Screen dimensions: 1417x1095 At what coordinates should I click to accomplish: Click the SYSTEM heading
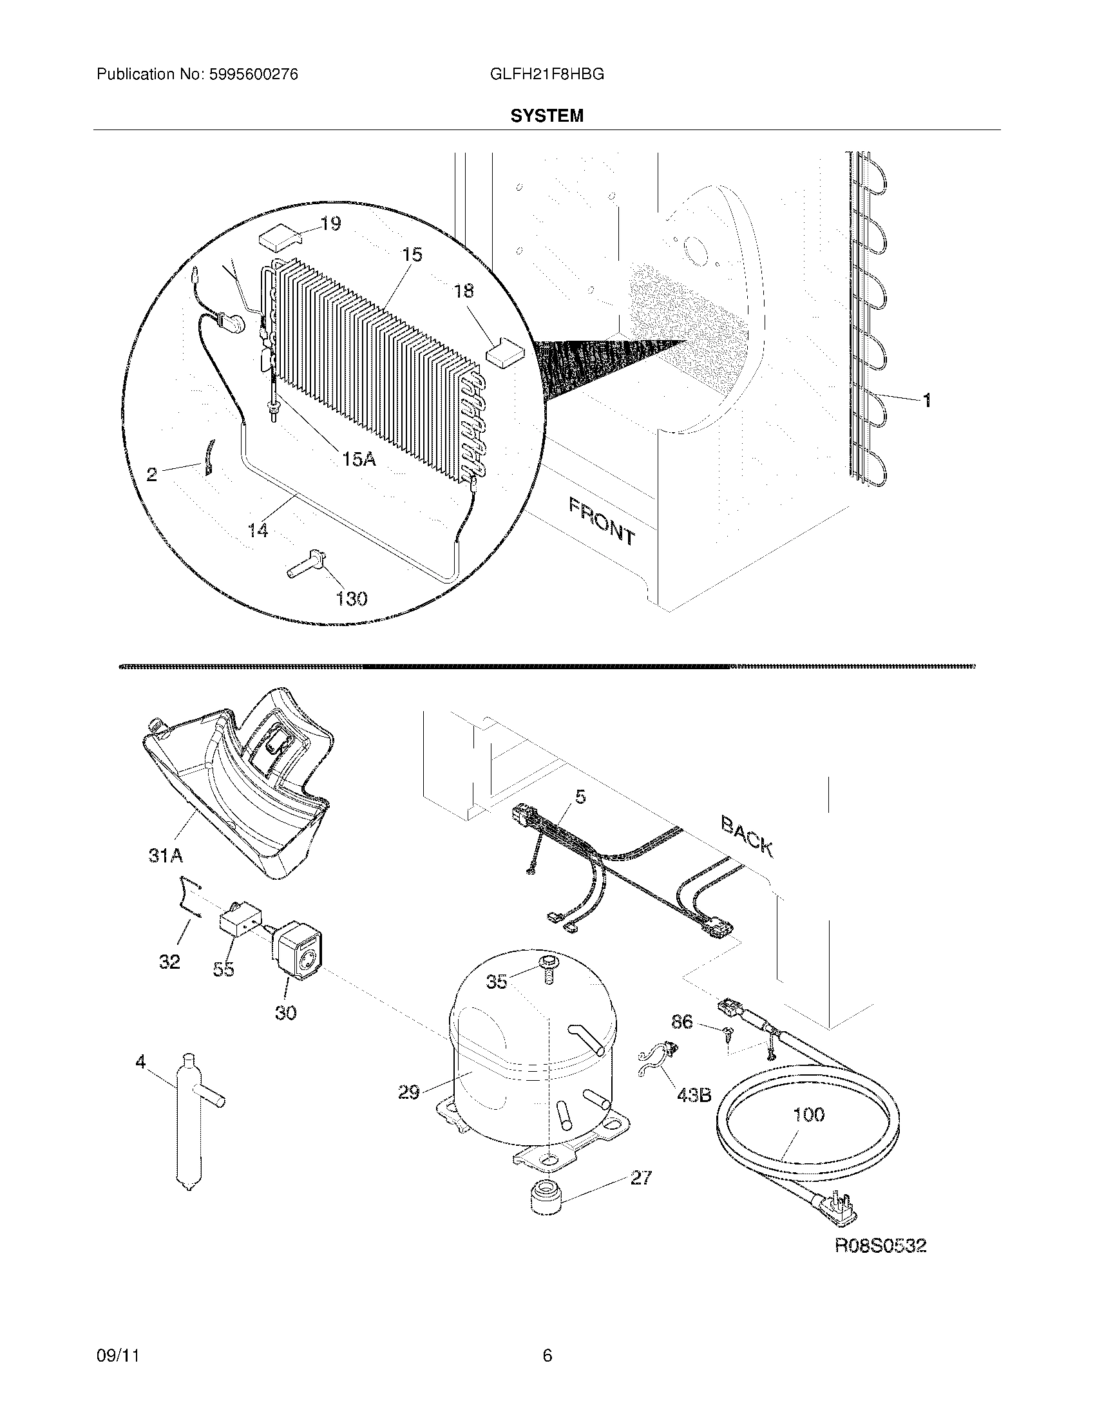547,116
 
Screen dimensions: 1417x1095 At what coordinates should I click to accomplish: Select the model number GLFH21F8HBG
547,75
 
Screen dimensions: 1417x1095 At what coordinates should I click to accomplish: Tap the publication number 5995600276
254,75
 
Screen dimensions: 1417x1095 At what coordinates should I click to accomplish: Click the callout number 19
331,224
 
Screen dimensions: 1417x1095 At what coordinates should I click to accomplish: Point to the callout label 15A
359,459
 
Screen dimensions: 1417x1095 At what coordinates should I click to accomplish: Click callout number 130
352,598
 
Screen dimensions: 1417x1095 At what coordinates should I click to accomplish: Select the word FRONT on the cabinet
602,521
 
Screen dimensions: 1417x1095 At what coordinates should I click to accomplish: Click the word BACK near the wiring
747,837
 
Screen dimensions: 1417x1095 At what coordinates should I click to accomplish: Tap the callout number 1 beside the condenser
927,401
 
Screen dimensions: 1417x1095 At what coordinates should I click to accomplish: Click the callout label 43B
694,1095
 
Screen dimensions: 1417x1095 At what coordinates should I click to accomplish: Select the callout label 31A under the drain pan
166,857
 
